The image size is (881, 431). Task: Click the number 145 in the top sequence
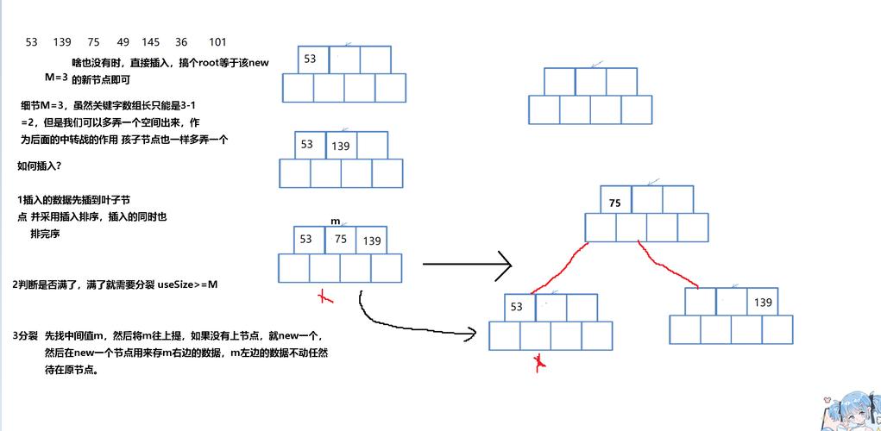tap(150, 42)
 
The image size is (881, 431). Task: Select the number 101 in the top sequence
tap(217, 42)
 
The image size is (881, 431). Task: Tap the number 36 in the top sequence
tap(181, 42)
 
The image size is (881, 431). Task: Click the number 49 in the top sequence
tap(123, 42)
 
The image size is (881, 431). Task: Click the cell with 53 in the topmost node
tap(311, 59)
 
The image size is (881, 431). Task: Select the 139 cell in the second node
tap(340, 147)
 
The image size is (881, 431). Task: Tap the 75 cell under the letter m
tap(340, 240)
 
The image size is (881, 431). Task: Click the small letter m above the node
tap(335, 222)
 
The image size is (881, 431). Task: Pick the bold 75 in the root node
tap(614, 204)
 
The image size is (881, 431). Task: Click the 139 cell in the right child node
tap(763, 303)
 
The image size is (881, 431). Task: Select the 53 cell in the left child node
tap(518, 307)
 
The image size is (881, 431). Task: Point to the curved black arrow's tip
tap(474, 332)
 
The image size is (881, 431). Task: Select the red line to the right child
tap(666, 265)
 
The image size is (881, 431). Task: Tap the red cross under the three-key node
tap(325, 296)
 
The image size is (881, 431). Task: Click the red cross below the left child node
tap(540, 362)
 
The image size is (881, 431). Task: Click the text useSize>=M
tap(188, 284)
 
